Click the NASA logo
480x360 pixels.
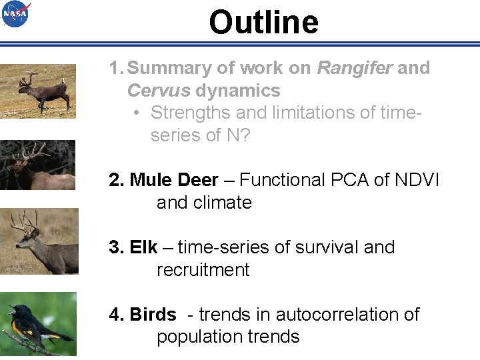pyautogui.click(x=16, y=14)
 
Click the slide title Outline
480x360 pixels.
pyautogui.click(x=263, y=22)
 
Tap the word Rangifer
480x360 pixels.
pyautogui.click(x=354, y=68)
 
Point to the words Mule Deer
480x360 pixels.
pyautogui.click(x=174, y=180)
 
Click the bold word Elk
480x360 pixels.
pyautogui.click(x=143, y=247)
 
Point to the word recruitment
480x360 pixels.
pyautogui.click(x=203, y=270)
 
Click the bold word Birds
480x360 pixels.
pyautogui.click(x=153, y=315)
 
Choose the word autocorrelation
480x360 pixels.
pyautogui.click(x=336, y=315)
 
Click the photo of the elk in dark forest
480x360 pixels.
pyautogui.click(x=37, y=165)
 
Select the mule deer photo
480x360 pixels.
pyautogui.click(x=38, y=241)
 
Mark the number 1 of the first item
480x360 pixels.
pyautogui.click(x=115, y=68)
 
